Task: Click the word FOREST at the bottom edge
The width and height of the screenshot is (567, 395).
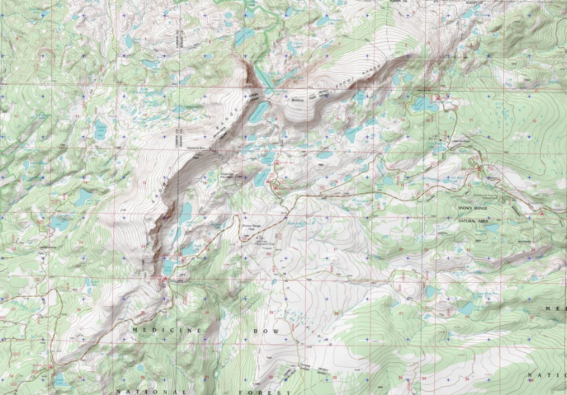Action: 261,392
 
